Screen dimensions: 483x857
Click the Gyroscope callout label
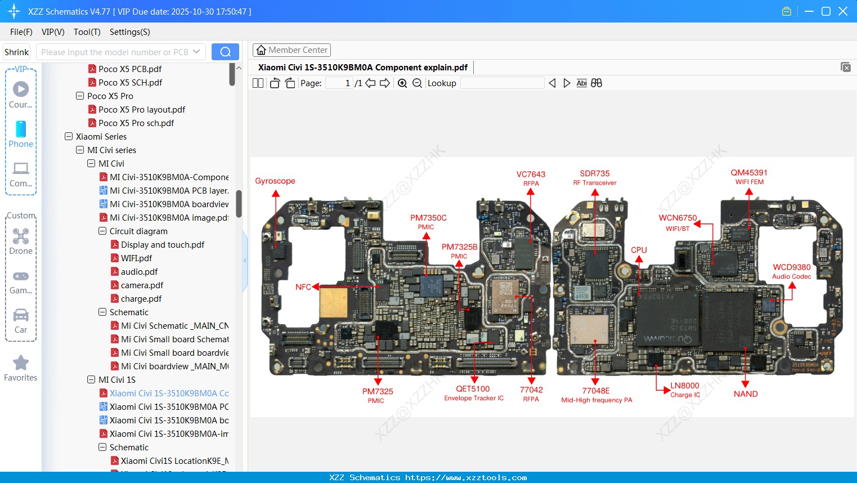point(275,181)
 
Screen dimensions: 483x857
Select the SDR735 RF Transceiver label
point(595,177)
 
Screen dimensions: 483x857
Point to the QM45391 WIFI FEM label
point(749,177)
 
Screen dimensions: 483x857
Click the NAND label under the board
point(746,394)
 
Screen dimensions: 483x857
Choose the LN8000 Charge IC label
point(685,390)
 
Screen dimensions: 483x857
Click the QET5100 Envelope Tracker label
point(473,393)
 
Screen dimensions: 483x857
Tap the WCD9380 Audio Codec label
point(791,271)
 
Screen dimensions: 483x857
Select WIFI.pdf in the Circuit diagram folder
point(136,258)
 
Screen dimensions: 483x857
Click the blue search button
point(225,52)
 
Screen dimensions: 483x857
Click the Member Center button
point(291,50)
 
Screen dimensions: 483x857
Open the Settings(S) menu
point(129,32)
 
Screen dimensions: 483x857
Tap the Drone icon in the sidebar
point(21,236)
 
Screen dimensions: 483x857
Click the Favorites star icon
point(21,363)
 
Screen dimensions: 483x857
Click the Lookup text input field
point(502,83)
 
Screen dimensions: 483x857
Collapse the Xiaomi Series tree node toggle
point(69,136)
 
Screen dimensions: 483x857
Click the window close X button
point(843,11)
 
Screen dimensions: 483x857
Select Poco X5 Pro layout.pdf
point(142,110)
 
